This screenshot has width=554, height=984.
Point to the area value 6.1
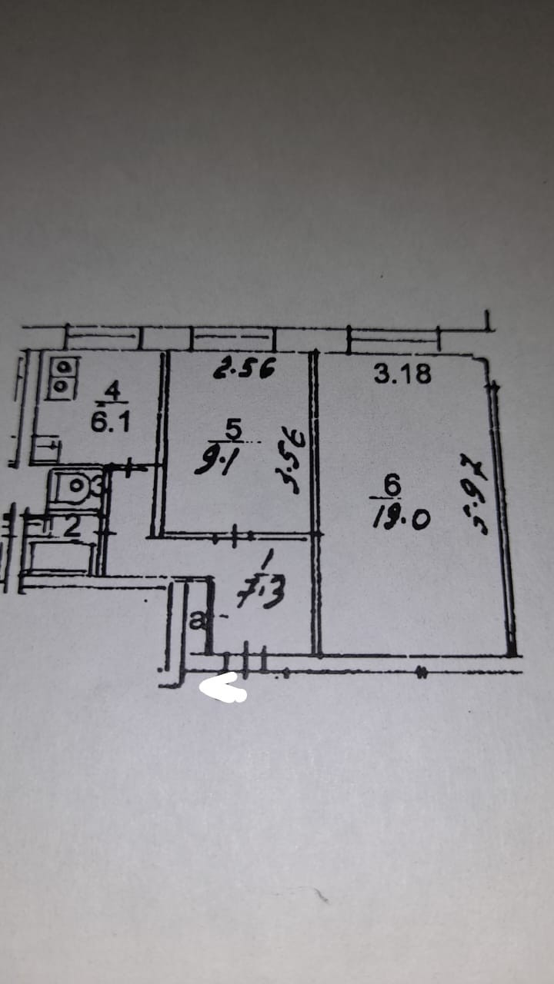(110, 423)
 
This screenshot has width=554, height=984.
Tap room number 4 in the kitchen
(113, 391)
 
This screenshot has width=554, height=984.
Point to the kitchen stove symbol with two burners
(62, 378)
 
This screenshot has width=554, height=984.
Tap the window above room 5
(232, 336)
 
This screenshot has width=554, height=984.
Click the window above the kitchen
(103, 336)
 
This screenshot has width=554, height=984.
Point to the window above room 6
(393, 336)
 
